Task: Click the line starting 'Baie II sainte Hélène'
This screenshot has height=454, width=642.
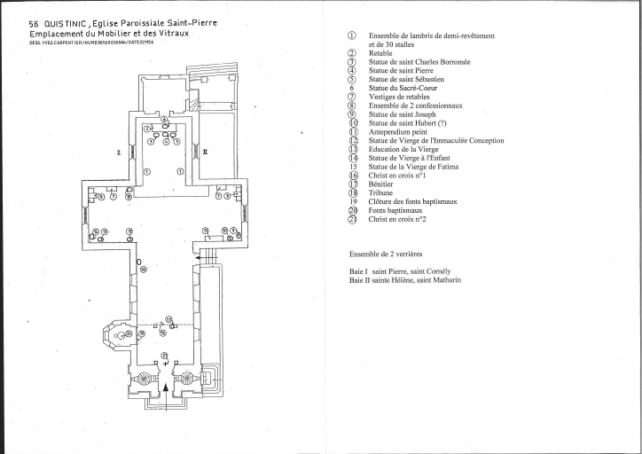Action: pyautogui.click(x=405, y=280)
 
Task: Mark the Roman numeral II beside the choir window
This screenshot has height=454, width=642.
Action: pyautogui.click(x=206, y=153)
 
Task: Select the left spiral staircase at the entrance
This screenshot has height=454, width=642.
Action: pyautogui.click(x=145, y=380)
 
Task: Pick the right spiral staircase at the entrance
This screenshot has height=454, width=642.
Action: pyautogui.click(x=187, y=380)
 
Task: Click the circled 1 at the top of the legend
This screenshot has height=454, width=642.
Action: pyautogui.click(x=352, y=36)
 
